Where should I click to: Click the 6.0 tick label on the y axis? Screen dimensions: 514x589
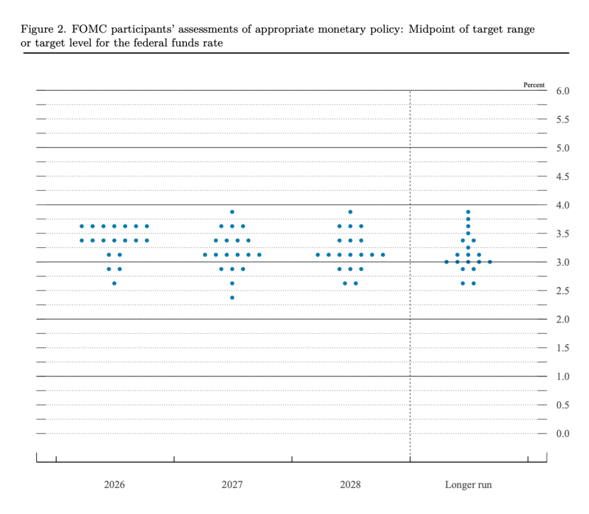[x=563, y=91]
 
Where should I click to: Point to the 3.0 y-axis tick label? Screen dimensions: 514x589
[x=563, y=262]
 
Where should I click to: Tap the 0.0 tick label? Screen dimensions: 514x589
[x=563, y=434]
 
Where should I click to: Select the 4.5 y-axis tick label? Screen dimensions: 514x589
[x=563, y=177]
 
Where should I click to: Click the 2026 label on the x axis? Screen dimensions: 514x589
[x=114, y=485]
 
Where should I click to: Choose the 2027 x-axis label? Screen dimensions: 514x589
[x=232, y=485]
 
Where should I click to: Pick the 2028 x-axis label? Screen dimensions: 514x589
[x=350, y=485]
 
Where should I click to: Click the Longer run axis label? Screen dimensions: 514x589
[x=468, y=485]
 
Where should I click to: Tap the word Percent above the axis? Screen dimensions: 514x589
[x=534, y=85]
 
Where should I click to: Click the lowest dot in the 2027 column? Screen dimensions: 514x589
[x=232, y=297]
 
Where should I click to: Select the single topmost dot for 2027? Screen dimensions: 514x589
[x=232, y=212]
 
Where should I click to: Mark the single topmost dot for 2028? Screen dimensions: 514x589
[x=350, y=212]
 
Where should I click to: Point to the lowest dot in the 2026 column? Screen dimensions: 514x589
[x=114, y=283]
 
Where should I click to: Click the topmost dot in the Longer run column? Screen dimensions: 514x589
[x=468, y=212]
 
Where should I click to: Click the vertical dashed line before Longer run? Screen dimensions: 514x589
[x=410, y=345]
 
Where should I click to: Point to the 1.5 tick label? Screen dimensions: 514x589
[x=563, y=348]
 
